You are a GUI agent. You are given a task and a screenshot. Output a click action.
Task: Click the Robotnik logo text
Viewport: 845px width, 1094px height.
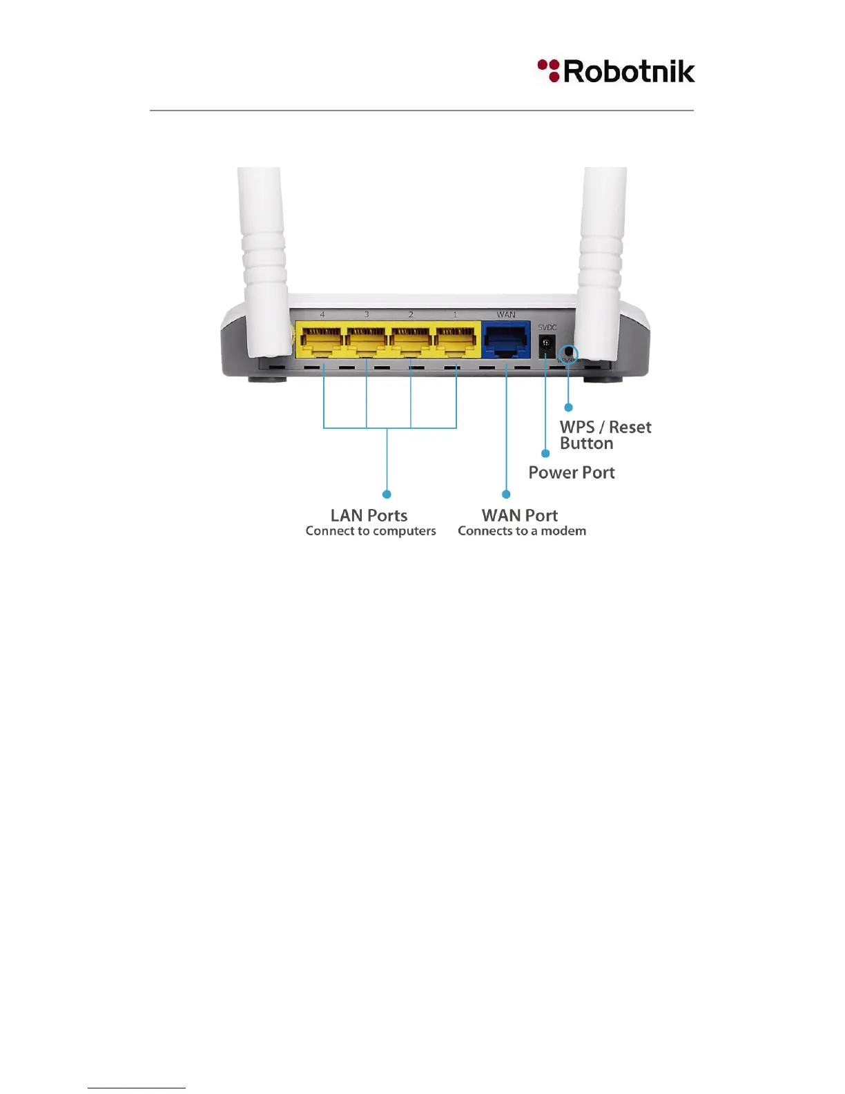tap(629, 72)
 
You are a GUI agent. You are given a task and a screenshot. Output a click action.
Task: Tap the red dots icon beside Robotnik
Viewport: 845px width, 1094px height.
tap(549, 70)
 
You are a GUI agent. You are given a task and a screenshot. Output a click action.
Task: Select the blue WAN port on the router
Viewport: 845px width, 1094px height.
tap(505, 340)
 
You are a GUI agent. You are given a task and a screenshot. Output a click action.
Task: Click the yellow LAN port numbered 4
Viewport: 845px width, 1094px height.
tap(322, 340)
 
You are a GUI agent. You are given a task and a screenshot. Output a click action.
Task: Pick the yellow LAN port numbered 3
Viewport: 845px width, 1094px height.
tap(367, 340)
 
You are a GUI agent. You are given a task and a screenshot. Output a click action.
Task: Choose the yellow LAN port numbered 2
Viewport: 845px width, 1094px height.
tap(411, 340)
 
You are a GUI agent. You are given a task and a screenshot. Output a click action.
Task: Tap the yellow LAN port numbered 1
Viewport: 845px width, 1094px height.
tap(456, 340)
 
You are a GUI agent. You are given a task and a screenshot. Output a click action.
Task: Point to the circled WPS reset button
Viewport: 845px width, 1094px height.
tap(568, 353)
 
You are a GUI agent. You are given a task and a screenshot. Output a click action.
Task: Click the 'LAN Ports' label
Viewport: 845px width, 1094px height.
tap(369, 515)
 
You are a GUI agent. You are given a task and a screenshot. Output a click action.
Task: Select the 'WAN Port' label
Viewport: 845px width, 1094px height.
tap(520, 515)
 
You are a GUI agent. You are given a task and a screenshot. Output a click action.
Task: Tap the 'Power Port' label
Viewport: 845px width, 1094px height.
tap(572, 472)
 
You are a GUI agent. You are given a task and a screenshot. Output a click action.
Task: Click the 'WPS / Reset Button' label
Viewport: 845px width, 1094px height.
tap(605, 435)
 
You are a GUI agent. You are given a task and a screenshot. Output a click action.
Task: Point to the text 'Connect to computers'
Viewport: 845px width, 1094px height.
tap(371, 531)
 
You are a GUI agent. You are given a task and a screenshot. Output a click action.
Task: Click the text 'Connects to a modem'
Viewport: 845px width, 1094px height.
tap(522, 531)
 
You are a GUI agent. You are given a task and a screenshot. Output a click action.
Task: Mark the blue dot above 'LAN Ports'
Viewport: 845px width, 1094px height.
tap(387, 494)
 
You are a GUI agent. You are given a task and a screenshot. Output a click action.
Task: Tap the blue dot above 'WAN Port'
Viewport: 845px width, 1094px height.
tap(506, 494)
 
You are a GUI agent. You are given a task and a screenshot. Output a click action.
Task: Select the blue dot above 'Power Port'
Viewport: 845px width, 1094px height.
tap(545, 454)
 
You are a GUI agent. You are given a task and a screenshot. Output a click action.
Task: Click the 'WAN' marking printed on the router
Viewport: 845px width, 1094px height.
tap(506, 315)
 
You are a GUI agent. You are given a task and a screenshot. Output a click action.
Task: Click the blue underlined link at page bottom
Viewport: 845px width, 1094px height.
tap(137, 1087)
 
